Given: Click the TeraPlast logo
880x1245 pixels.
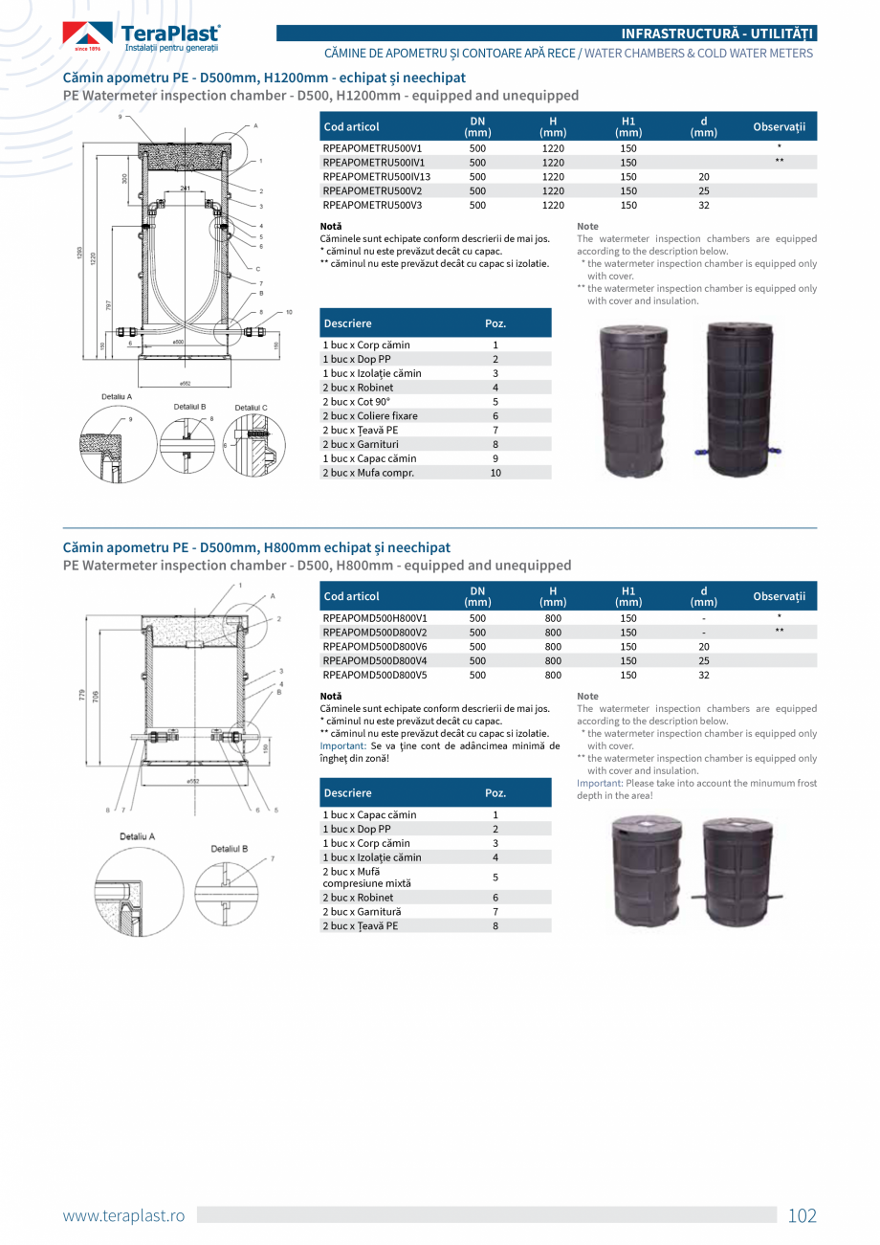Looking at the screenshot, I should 142,36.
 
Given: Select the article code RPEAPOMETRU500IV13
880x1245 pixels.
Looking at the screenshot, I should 376,177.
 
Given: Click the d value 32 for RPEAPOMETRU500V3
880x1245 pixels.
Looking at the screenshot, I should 704,205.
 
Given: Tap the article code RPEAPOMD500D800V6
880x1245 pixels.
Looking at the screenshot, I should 374,647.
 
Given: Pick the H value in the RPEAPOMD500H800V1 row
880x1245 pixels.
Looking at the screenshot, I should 553,618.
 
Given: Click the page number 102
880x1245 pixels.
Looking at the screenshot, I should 802,1216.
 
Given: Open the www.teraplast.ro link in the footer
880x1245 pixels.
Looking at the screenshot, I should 123,1216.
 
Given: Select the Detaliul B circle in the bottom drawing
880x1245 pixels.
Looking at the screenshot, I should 227,881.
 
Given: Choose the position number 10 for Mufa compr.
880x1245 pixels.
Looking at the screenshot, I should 495,473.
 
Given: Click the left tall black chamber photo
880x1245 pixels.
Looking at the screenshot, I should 635,400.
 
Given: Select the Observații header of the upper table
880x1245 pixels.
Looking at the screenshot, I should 779,126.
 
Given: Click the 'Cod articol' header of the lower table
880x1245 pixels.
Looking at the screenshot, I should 351,596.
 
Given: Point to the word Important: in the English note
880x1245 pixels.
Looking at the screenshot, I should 600,783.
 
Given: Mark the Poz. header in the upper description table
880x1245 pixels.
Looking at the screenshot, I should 495,323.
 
